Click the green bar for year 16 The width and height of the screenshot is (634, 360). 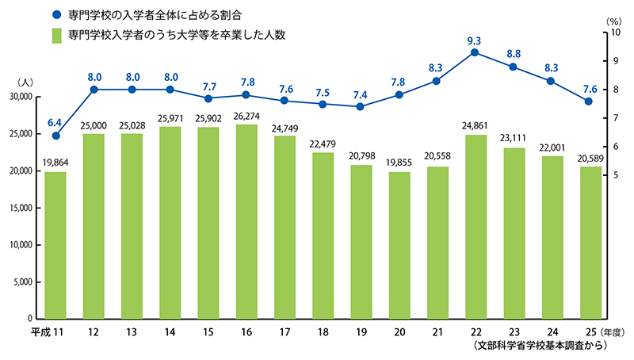click(246, 222)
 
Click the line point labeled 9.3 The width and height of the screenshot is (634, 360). click(474, 52)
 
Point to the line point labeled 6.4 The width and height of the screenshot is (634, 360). click(55, 136)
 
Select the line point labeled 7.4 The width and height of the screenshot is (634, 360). click(360, 106)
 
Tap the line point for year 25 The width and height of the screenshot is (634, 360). click(588, 101)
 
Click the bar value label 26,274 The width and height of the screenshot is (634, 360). click(246, 117)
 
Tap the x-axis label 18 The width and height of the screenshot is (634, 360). click(323, 331)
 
